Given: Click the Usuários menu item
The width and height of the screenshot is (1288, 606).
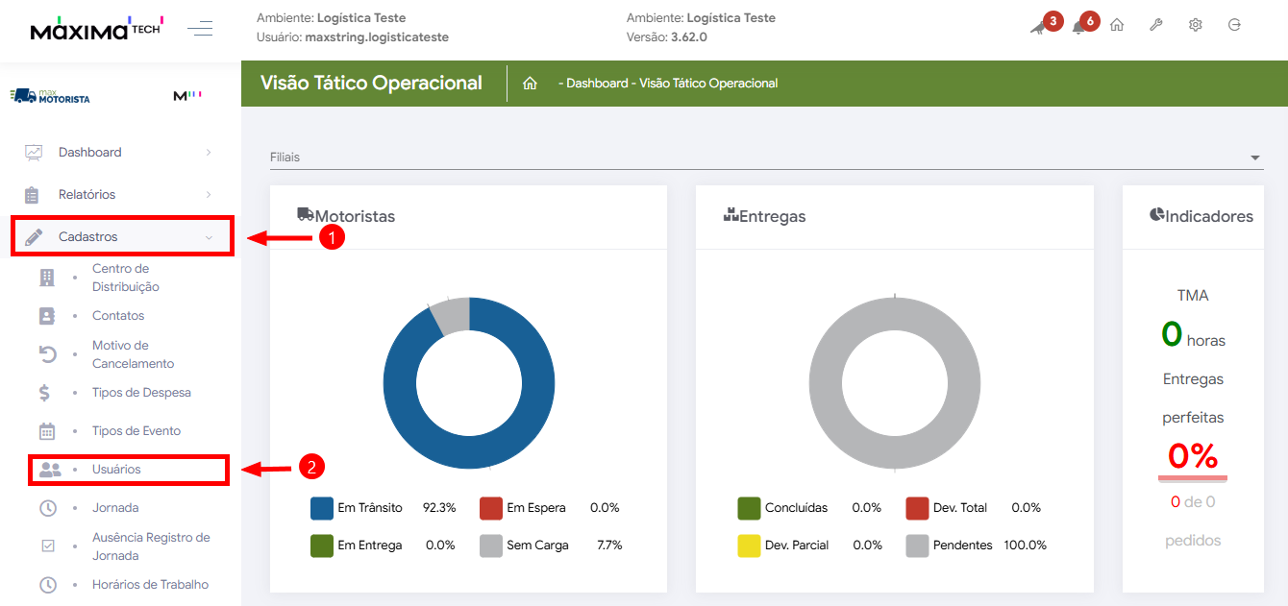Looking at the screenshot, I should [116, 470].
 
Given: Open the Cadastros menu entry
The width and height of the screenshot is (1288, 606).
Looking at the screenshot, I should [88, 236].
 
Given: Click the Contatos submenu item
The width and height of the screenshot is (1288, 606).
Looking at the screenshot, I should [118, 316].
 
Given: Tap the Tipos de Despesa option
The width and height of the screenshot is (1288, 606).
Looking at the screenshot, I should [141, 393].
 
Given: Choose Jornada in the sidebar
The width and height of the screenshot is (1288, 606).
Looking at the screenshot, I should [115, 508].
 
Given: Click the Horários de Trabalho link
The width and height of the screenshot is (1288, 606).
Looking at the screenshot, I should [150, 584].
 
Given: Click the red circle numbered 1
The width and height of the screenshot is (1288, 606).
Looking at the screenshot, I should [332, 237].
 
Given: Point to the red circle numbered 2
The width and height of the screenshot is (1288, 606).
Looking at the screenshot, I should [311, 468].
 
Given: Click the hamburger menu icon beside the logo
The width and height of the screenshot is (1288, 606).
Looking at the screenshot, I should [200, 29].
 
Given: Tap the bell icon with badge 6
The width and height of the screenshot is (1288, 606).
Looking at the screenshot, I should [1079, 27].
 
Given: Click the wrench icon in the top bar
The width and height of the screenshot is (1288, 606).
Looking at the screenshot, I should [1156, 25].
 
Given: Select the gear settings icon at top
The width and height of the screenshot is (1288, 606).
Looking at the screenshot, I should [1196, 25].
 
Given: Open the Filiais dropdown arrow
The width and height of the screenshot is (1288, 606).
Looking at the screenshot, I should [1254, 158].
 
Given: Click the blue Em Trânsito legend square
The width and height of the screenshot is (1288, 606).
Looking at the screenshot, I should [322, 508].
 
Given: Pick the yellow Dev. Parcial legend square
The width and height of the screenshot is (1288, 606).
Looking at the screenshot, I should [749, 545].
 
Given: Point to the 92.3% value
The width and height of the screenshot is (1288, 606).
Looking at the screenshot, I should [439, 508].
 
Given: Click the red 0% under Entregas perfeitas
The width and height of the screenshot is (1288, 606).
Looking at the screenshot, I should [1192, 456].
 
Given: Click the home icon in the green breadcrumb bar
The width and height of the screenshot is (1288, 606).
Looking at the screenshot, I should [530, 84].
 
